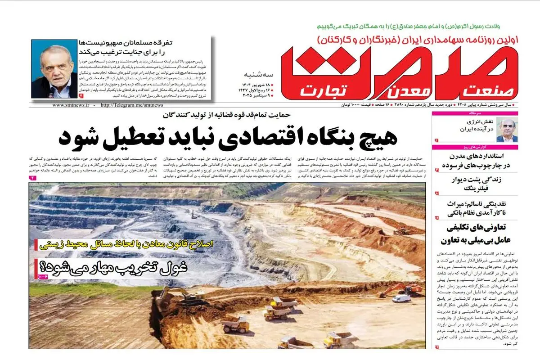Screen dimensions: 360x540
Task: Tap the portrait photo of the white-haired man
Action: coord(54,68)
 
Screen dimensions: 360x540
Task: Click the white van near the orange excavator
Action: coord(401,298)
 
